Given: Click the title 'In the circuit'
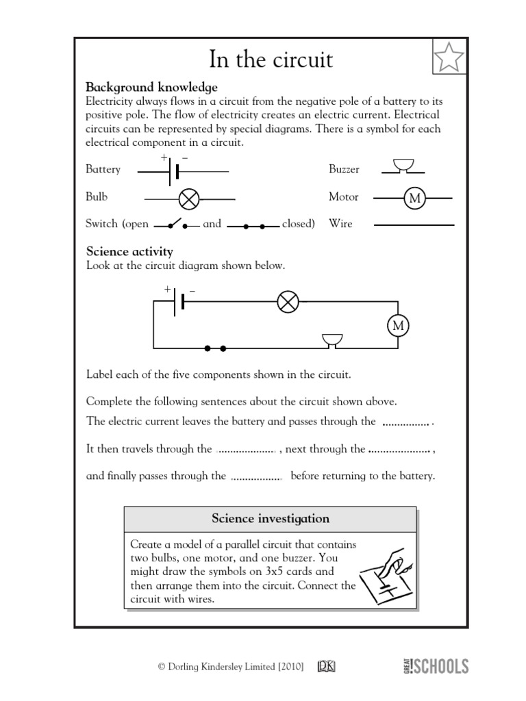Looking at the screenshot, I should coord(262,60).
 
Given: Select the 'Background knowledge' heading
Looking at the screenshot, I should coord(151,88).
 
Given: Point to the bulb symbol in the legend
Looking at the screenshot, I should coord(188,199).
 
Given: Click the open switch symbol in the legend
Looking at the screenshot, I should coord(177,224).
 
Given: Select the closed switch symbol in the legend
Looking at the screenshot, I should coord(253,225).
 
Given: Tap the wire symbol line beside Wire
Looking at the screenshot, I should coord(414,225).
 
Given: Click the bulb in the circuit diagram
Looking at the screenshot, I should coord(288,301).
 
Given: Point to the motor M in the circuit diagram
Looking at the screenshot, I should coord(397,325).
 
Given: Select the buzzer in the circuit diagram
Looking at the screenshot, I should coord(332,341).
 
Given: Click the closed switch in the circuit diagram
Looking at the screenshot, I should coord(215,348).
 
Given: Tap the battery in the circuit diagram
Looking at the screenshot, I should coord(177,301).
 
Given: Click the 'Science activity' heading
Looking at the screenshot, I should coord(129,252).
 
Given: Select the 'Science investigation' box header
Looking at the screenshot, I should coord(270,519).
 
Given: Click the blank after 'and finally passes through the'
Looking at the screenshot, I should coord(257,477).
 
